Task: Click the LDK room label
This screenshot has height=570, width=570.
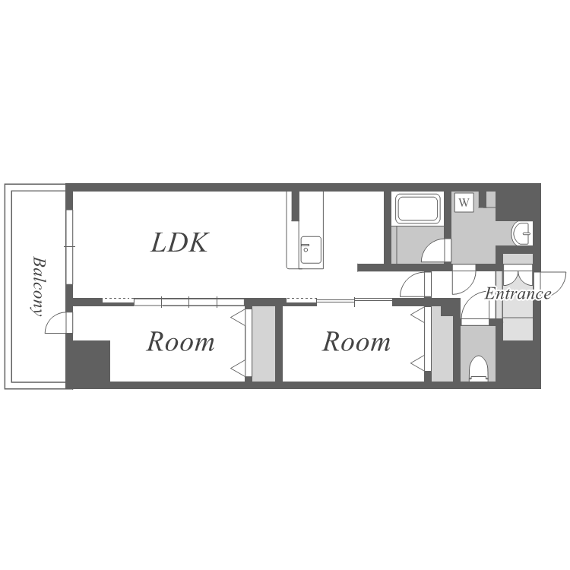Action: click(x=179, y=242)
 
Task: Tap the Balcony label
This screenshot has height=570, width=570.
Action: click(x=38, y=287)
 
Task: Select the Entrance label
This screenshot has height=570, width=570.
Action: click(x=518, y=293)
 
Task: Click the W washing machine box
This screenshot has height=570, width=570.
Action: click(x=464, y=202)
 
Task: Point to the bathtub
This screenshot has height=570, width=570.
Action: click(x=417, y=209)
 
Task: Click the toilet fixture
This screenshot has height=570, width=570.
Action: click(x=478, y=369)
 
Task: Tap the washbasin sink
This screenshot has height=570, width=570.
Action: click(x=522, y=233)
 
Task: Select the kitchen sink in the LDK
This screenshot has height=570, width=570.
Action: click(x=310, y=250)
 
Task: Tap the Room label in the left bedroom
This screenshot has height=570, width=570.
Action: click(x=180, y=342)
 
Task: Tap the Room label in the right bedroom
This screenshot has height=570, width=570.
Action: click(x=356, y=342)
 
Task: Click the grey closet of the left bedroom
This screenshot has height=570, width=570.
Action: click(x=264, y=344)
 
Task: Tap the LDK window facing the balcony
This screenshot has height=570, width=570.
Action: click(x=69, y=246)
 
